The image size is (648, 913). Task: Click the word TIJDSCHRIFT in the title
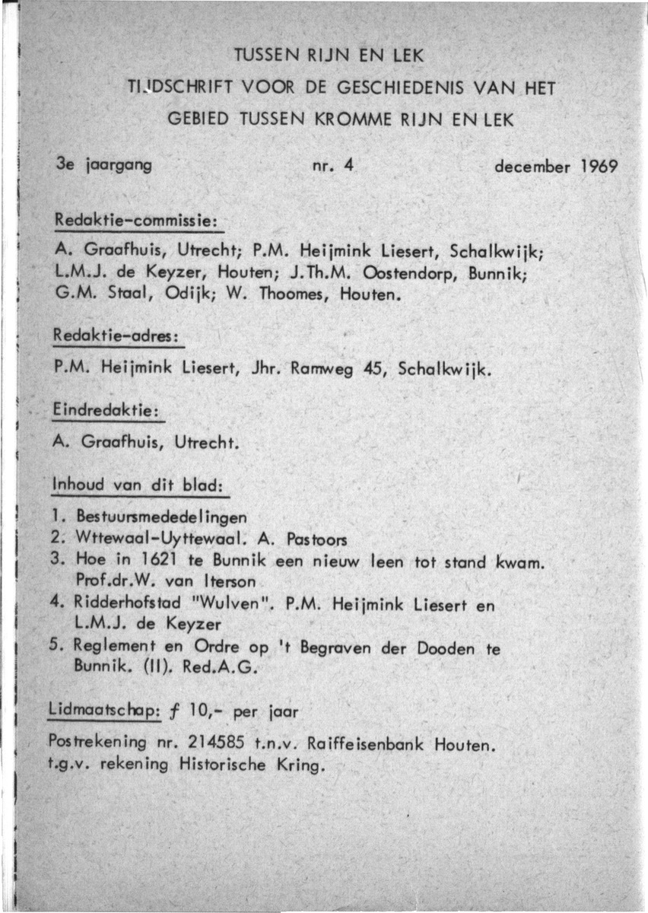[179, 89]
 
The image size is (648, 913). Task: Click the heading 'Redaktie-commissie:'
[137, 219]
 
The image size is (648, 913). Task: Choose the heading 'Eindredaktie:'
[107, 410]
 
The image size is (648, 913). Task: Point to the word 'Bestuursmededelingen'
[161, 517]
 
